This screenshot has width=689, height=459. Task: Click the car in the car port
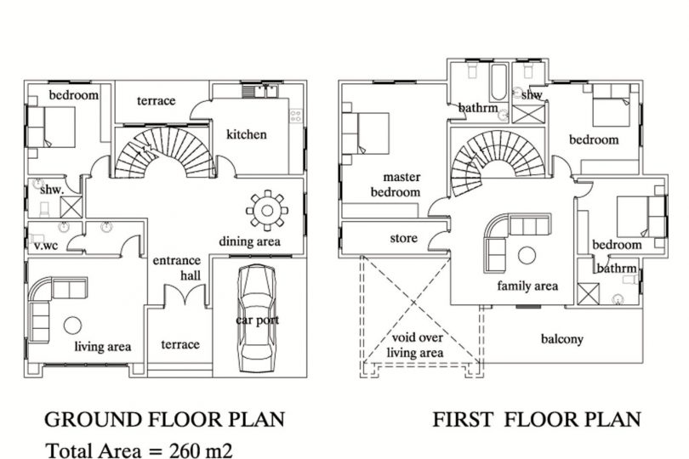pos(257,318)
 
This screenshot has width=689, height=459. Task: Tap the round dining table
pos(267,211)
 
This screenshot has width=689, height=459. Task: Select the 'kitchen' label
pos(246,134)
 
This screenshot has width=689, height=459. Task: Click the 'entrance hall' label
pos(177,268)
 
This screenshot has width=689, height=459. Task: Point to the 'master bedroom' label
pos(396,184)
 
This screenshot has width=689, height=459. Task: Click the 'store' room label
pos(403,238)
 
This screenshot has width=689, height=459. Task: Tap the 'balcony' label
pos(562,339)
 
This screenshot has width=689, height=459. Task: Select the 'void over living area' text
pos(415,345)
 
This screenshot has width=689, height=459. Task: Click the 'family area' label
pos(527,286)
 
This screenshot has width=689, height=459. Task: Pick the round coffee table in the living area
pos(72,326)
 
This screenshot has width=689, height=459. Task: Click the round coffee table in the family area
pos(527,255)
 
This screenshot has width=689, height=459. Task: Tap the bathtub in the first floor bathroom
pos(498,82)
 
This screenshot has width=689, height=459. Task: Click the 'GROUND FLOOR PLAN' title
pos(165,419)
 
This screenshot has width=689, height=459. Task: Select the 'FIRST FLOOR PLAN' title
pos(537,419)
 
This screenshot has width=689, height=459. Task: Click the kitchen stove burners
pos(296,116)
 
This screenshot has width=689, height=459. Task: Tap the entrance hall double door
pos(185,295)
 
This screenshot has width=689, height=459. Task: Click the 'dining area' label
pos(249,241)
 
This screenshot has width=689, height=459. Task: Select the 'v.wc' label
pos(46,246)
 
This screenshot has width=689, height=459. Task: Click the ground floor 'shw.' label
pos(52,190)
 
